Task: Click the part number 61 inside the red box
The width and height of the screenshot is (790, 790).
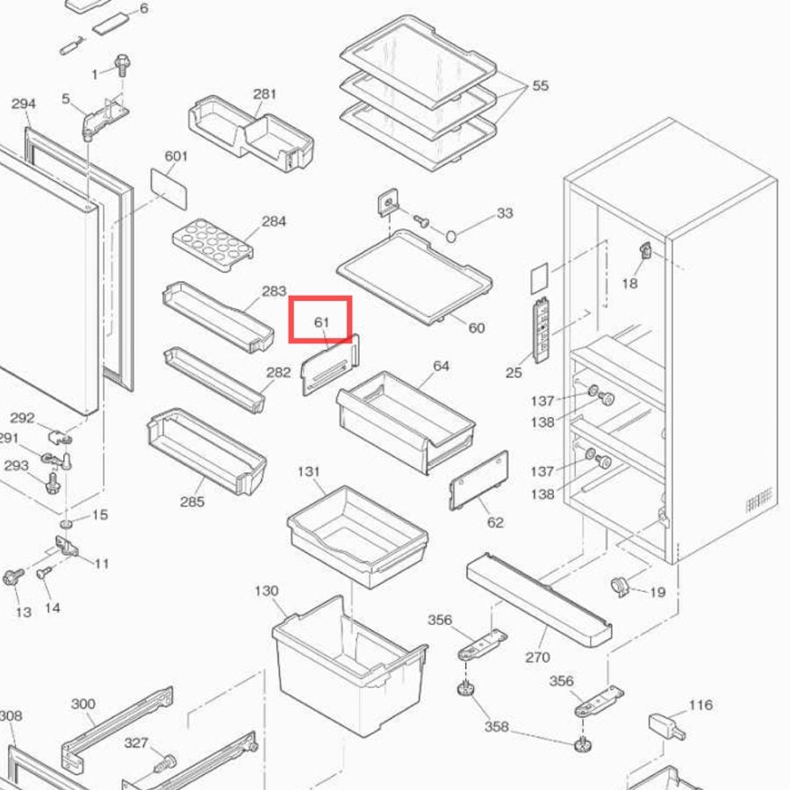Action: (x=321, y=322)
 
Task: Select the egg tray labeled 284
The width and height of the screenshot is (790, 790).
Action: (x=212, y=245)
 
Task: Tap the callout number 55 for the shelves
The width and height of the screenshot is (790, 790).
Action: (x=540, y=86)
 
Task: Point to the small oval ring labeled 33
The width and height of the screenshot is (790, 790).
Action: (x=451, y=235)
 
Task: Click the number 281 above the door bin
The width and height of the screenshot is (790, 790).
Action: (x=264, y=94)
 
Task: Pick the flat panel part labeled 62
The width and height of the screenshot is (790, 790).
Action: (x=478, y=480)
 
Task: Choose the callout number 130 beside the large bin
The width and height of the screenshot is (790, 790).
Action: (x=267, y=591)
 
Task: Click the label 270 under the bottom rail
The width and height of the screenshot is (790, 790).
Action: (x=537, y=657)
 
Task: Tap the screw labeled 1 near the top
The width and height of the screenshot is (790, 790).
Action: (x=122, y=65)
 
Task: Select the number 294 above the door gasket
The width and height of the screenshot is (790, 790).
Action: (x=24, y=104)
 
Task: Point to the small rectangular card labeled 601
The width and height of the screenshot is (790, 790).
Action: (x=169, y=189)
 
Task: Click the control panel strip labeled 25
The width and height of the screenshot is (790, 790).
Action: (x=541, y=330)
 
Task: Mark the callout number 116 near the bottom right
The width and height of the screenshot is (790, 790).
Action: (x=700, y=704)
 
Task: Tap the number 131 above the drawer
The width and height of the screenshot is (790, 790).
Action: (x=308, y=471)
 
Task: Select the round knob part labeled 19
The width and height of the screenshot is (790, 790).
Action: (x=621, y=586)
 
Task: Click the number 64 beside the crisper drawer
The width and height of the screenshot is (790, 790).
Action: (x=441, y=366)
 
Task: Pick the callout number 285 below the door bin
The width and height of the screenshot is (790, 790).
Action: (x=192, y=501)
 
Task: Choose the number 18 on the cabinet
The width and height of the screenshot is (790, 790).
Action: (x=629, y=284)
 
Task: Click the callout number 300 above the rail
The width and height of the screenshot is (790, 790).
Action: (x=83, y=704)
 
